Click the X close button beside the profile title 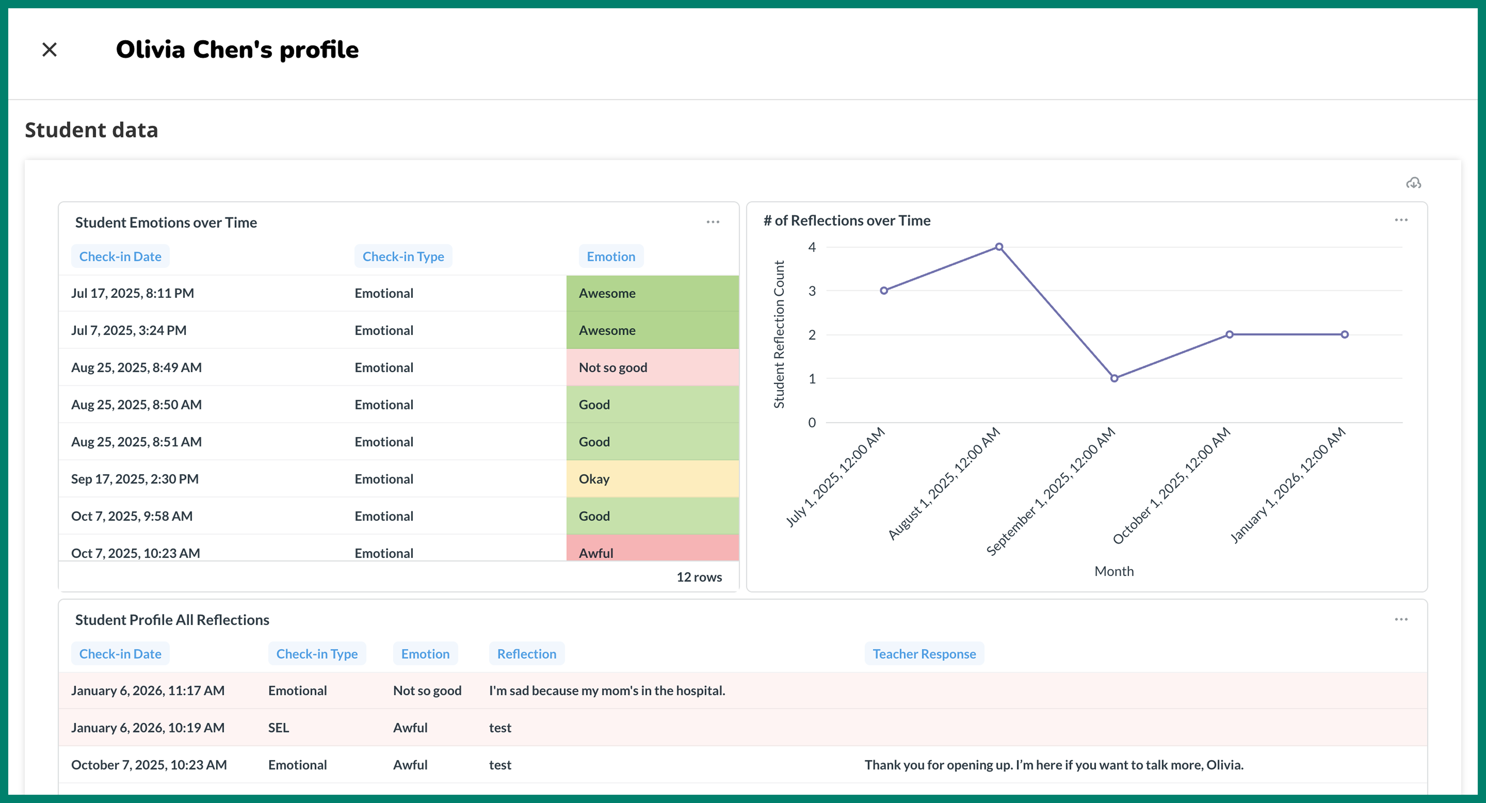[x=50, y=50]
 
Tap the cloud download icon [x=1413, y=183]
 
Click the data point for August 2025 [x=999, y=247]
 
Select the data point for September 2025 [x=1114, y=379]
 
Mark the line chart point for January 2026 [x=1344, y=335]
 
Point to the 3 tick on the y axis [x=812, y=291]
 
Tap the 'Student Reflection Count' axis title [x=779, y=335]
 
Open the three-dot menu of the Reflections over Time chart [x=1401, y=220]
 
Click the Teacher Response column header [x=924, y=654]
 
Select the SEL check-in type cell [x=279, y=727]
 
